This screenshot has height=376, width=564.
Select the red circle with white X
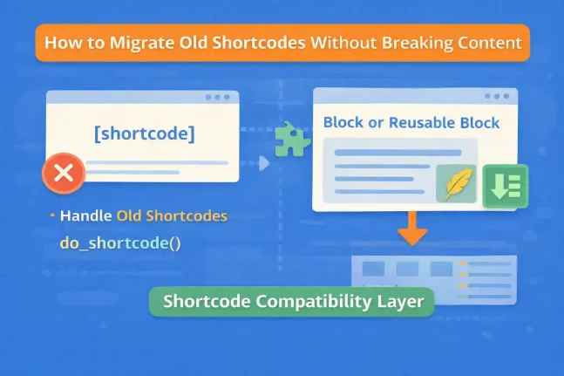coord(63,172)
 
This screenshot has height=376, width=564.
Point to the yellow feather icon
coord(455,184)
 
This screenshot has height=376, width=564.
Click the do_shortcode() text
coord(120,243)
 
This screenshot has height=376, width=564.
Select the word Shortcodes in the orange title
coord(239,43)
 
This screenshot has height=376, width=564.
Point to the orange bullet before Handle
coord(53,215)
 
